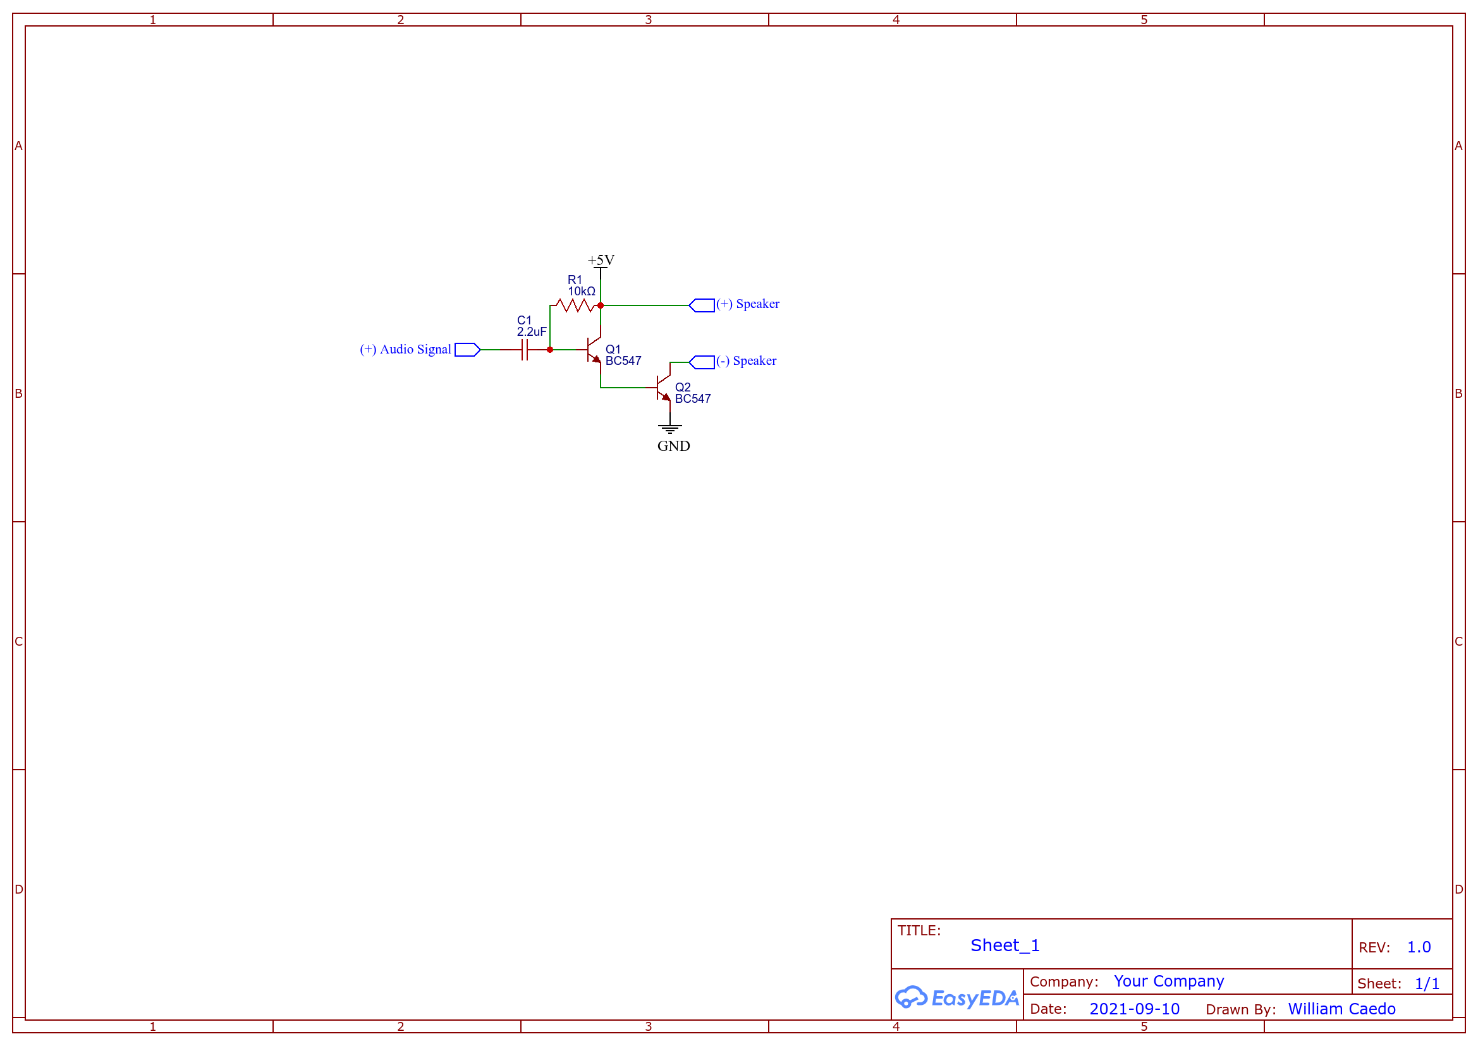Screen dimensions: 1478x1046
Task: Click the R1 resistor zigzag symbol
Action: (575, 305)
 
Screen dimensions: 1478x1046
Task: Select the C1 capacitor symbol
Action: (525, 350)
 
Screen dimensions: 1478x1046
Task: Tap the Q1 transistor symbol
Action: (594, 350)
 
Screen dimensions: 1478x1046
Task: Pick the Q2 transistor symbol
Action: (663, 388)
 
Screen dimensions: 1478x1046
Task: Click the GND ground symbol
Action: (670, 429)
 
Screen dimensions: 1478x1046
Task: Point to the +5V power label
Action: (601, 260)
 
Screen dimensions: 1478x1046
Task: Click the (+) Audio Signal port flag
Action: (467, 350)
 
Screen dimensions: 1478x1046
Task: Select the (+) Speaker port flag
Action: (702, 305)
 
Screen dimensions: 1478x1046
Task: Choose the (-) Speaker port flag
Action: (702, 362)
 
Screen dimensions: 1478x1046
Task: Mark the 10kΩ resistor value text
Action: (582, 292)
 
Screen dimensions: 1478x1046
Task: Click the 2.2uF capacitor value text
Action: (532, 332)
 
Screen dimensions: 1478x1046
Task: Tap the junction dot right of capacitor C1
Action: (550, 350)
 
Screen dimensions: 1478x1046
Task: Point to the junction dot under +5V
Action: (601, 305)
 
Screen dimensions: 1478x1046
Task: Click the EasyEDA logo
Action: (956, 998)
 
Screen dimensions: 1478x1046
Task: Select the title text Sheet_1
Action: (1005, 945)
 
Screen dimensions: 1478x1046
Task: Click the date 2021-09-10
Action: (1134, 1009)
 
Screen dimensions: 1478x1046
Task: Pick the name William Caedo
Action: (1341, 1009)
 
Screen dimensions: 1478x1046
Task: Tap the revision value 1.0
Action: (1419, 947)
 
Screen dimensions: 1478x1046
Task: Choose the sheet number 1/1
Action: (1427, 983)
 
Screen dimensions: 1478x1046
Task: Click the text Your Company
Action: (1169, 981)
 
